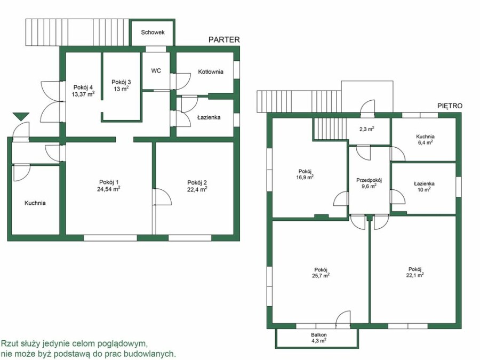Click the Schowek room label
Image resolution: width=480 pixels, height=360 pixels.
click(x=153, y=32)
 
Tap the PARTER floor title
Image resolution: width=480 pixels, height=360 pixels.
click(x=224, y=39)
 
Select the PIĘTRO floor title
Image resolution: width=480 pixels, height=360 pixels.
click(x=450, y=106)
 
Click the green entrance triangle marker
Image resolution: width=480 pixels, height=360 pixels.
click(x=21, y=116)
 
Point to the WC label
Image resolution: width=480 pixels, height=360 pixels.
click(x=156, y=71)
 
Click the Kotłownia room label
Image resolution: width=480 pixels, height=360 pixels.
click(x=211, y=71)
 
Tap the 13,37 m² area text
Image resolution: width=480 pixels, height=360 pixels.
click(x=83, y=94)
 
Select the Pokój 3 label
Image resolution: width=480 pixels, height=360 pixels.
click(x=121, y=82)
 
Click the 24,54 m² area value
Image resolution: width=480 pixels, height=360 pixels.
click(x=109, y=189)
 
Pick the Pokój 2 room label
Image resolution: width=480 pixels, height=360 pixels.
click(x=197, y=183)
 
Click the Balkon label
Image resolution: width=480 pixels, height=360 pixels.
click(x=319, y=334)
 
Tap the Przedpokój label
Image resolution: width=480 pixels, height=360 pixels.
click(x=369, y=180)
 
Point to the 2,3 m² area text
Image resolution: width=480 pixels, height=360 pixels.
click(x=367, y=129)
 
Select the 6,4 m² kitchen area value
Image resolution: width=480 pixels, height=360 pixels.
click(x=425, y=142)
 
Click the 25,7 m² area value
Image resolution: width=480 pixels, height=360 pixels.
click(x=321, y=275)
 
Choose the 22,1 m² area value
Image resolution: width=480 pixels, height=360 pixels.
click(x=415, y=275)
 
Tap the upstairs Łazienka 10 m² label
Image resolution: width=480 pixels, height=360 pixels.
click(x=424, y=187)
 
